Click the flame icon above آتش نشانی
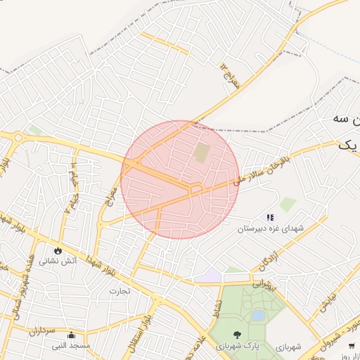[x=57, y=250]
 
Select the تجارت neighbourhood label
[x=120, y=290]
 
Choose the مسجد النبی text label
[x=72, y=346]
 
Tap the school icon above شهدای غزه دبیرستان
[x=269, y=217]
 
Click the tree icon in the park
[x=236, y=335]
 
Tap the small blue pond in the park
[x=258, y=316]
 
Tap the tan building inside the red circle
[x=202, y=153]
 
